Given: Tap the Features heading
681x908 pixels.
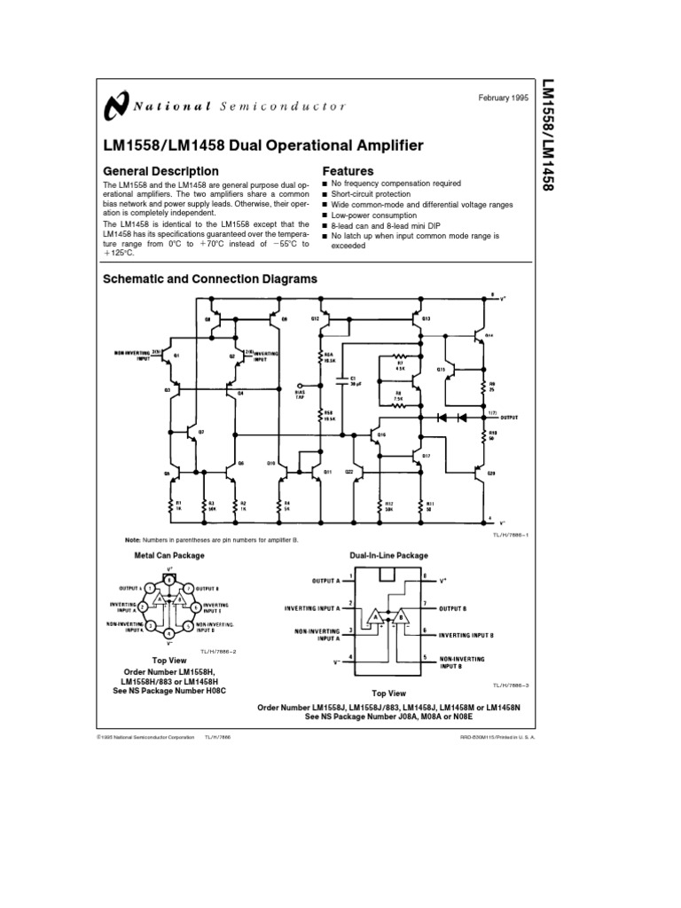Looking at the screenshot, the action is point(348,170).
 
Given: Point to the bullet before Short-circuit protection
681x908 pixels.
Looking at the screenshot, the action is point(325,194).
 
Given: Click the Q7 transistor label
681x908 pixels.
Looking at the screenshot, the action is point(200,431).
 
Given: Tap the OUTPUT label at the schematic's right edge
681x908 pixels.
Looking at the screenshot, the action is point(508,416).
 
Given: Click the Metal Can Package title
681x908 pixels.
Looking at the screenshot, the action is point(168,555).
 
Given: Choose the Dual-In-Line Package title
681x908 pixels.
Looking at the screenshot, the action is point(388,555).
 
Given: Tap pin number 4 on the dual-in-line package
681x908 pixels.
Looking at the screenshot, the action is point(352,655).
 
